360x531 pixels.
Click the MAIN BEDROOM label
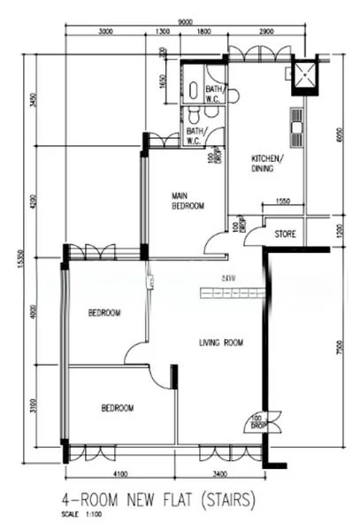188,201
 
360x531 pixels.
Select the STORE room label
285,235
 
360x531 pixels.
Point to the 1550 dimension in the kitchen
282,203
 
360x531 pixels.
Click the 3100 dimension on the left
33,406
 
